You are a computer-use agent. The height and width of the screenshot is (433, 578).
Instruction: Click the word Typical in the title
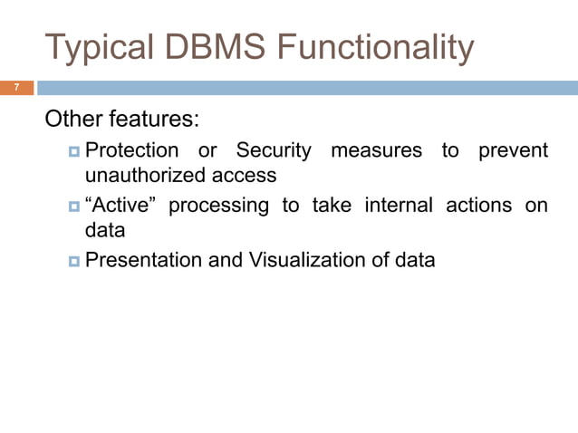(100, 47)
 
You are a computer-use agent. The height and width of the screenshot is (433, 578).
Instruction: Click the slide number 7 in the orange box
(15, 88)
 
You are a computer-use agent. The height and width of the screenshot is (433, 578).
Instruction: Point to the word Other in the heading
(74, 120)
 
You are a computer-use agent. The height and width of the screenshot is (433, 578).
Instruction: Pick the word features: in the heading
(154, 120)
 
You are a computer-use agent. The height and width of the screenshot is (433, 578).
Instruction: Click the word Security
(274, 150)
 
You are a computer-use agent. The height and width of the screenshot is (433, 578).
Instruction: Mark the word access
(246, 175)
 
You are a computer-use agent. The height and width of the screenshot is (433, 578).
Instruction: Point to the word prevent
(513, 150)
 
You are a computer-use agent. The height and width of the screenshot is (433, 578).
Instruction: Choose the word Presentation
(143, 261)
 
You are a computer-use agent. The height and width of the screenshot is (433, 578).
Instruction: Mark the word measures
(376, 150)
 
